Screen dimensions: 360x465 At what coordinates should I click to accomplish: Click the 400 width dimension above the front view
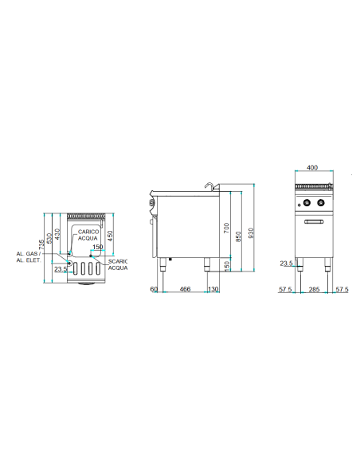coord(312,167)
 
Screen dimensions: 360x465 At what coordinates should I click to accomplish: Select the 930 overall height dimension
coord(251,233)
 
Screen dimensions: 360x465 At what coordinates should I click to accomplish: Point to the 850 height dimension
coord(238,236)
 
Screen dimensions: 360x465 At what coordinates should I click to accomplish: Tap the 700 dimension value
coord(226,228)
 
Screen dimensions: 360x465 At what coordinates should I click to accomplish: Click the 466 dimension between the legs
coord(185,289)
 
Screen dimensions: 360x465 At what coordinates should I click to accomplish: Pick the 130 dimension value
coord(213,289)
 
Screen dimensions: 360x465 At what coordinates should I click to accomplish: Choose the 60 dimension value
coord(154,289)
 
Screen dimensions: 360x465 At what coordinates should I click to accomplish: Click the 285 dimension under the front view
coord(314,289)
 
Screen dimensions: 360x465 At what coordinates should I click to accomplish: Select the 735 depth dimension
coord(42,244)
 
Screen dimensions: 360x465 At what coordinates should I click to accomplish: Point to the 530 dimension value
coord(49,238)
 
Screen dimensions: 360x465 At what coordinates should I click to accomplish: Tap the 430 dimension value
coord(57,234)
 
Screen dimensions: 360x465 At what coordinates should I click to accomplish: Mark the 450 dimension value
coord(110,236)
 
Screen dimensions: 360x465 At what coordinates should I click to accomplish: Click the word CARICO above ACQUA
coord(88,232)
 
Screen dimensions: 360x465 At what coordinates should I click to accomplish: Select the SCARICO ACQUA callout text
coord(118,265)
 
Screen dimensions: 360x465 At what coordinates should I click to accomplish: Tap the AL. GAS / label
coord(29,254)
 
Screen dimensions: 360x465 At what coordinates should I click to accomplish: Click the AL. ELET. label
coord(29,260)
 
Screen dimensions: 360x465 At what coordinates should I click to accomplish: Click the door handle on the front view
coord(314,221)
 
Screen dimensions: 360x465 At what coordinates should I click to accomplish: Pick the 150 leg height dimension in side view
coord(226,266)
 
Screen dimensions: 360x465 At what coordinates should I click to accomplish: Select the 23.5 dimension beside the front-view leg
coord(287,263)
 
